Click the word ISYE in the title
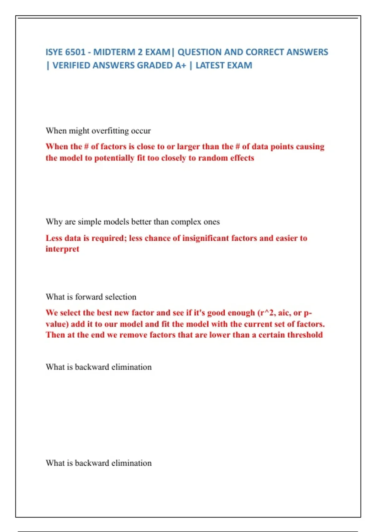point(54,52)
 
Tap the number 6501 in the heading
point(76,52)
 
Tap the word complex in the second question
point(186,222)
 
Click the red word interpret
point(62,249)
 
